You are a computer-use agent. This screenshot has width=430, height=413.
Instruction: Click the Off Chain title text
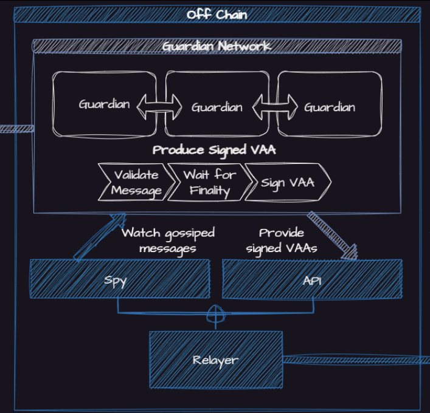coord(217,14)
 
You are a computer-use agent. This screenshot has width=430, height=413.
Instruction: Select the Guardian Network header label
coord(217,46)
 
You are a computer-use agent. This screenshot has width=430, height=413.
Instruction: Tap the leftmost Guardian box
coord(104,104)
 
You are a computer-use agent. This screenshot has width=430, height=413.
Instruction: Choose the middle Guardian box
coord(217,107)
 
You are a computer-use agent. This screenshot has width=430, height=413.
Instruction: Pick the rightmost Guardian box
coord(330,107)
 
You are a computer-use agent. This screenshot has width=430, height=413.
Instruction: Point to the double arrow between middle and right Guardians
coord(276,108)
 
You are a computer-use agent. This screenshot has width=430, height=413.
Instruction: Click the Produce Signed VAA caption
coord(214,149)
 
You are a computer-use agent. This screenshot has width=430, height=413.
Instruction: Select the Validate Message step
coord(134,182)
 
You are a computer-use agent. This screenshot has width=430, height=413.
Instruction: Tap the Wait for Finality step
coord(209,182)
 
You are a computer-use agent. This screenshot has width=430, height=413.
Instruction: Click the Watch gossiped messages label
coord(168,241)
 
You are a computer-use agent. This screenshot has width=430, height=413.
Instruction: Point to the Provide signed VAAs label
coord(281,241)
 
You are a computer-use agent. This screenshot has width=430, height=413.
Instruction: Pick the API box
coord(311,279)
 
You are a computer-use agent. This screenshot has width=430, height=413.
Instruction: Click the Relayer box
coord(215,360)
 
